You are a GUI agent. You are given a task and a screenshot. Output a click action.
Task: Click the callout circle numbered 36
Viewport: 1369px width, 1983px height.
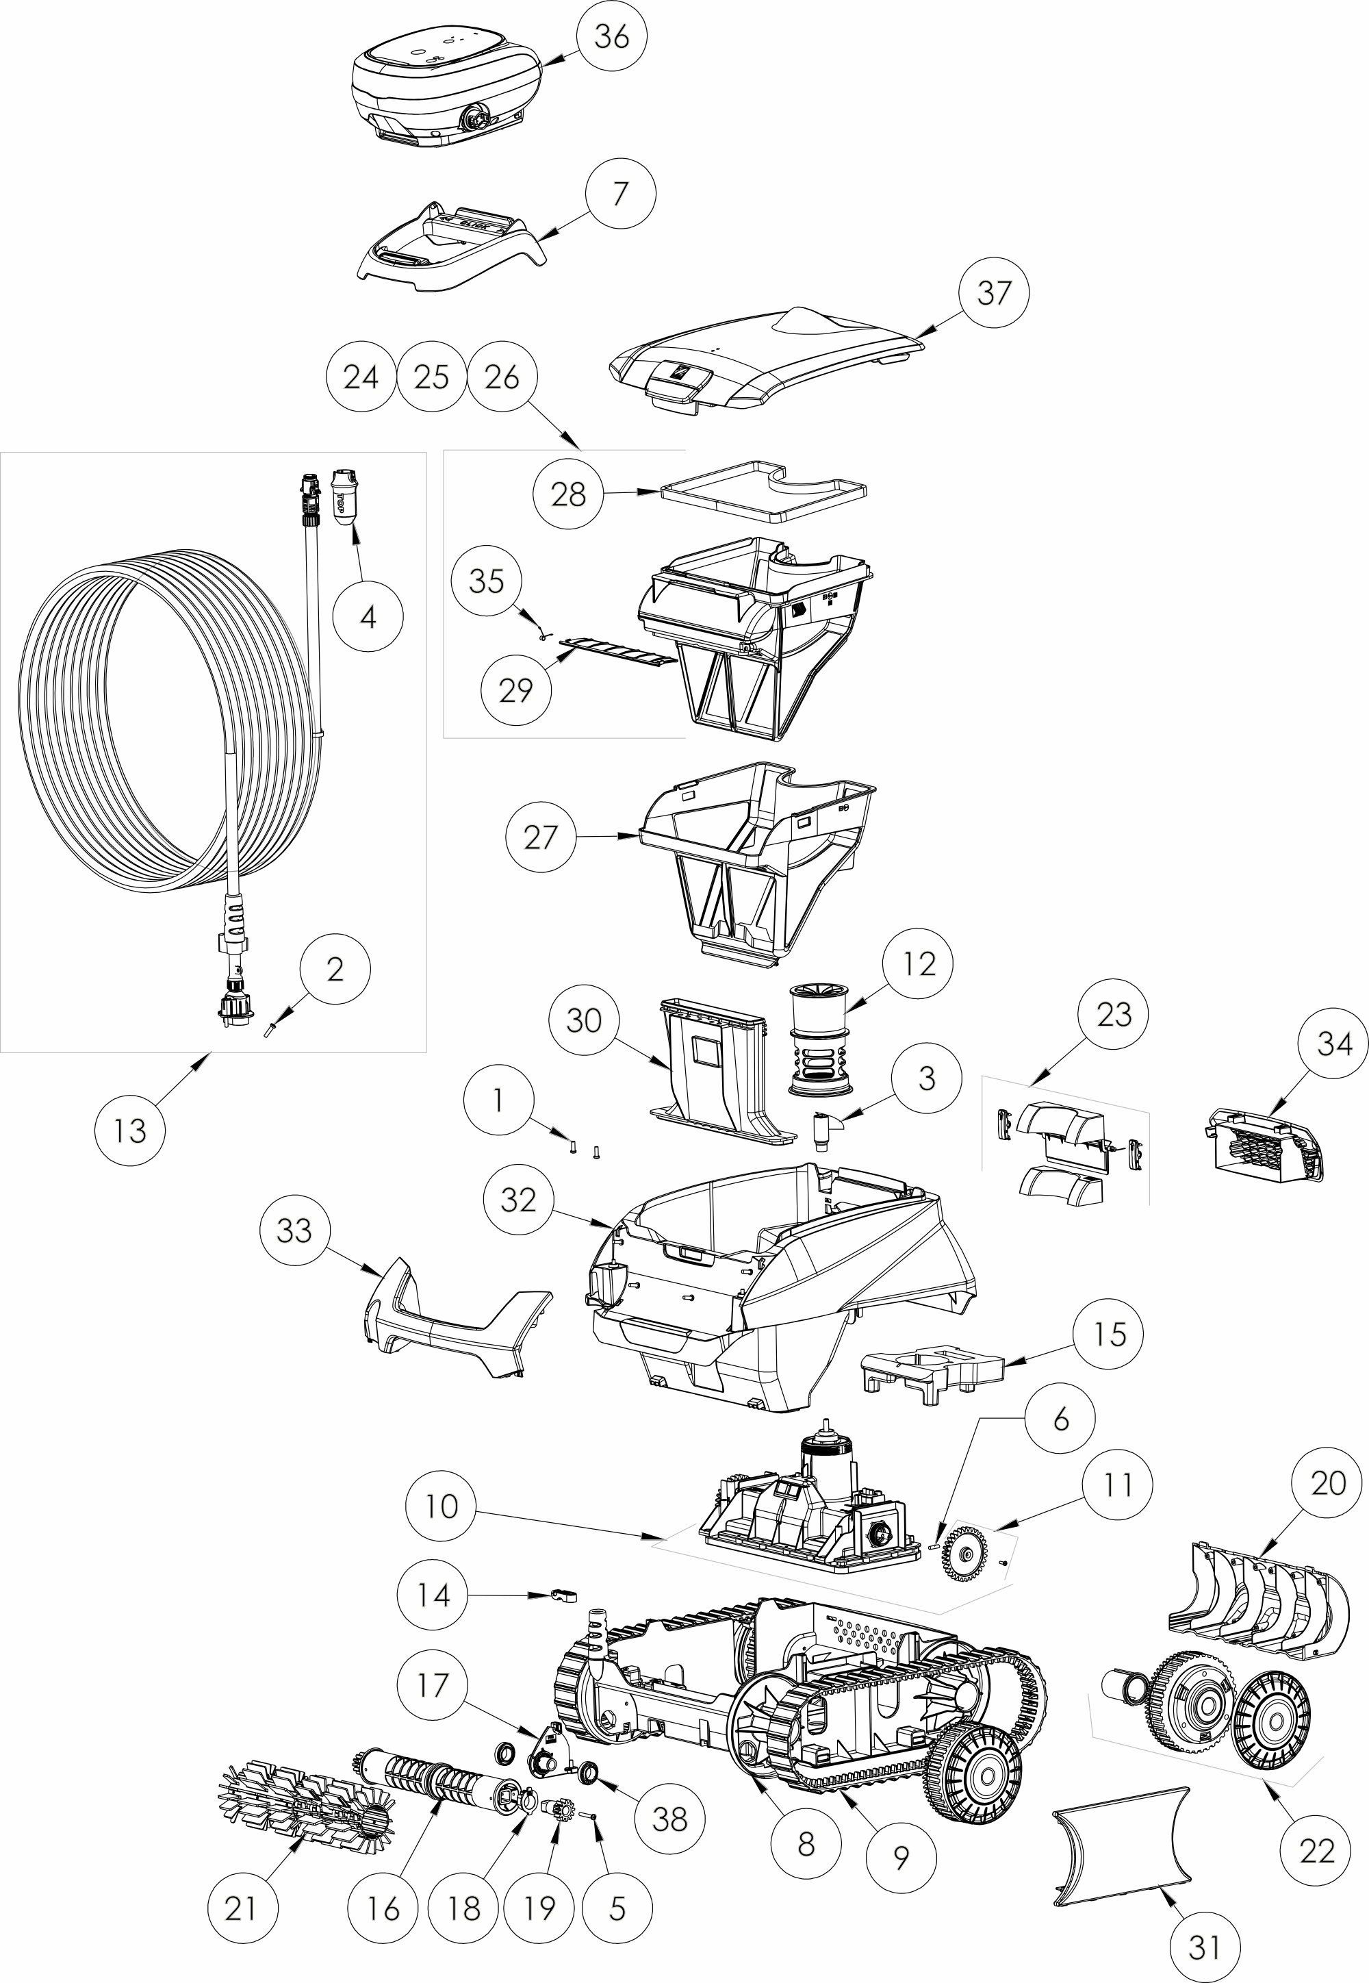[x=611, y=38]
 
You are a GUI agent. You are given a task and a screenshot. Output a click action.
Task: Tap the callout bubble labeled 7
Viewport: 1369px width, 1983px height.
[x=620, y=194]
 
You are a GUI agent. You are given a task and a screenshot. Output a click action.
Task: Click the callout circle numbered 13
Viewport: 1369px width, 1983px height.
[x=129, y=1130]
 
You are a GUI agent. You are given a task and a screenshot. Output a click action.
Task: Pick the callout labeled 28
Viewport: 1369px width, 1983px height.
[x=568, y=494]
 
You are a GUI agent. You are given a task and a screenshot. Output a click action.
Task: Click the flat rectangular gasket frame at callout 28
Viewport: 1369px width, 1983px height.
[x=763, y=492]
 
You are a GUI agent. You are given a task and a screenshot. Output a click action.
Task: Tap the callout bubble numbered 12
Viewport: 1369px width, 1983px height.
[x=919, y=963]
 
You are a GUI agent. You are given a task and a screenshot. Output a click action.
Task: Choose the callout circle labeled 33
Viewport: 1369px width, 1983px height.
[x=294, y=1230]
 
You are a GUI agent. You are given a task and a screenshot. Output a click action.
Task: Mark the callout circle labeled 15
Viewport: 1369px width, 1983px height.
[x=1110, y=1335]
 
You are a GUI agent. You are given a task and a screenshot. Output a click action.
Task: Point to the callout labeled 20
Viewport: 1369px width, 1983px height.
[x=1329, y=1482]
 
